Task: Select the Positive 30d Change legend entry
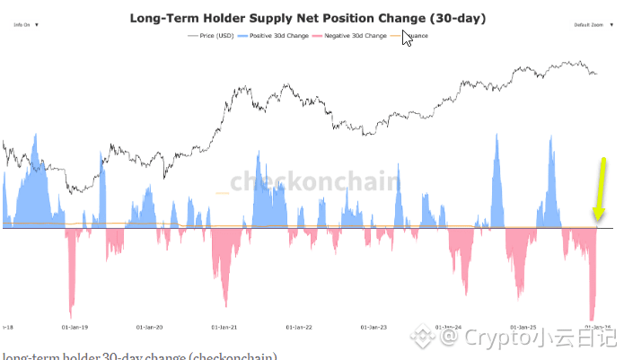[277, 36]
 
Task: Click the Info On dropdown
[26, 25]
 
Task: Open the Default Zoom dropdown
[593, 25]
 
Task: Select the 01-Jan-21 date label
[223, 328]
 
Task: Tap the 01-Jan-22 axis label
[297, 328]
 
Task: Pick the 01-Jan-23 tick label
[372, 328]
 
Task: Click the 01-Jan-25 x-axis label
[522, 328]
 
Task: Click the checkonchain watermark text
[314, 182]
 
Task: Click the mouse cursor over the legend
[408, 39]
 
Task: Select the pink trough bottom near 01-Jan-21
[225, 305]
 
